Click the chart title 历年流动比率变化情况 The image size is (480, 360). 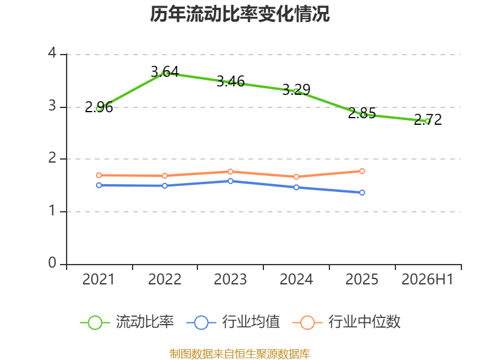239,14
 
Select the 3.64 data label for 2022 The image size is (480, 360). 164,72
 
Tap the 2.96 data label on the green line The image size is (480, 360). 99,107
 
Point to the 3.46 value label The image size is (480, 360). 230,82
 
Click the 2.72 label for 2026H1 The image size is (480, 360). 428,119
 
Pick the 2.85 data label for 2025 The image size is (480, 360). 362,113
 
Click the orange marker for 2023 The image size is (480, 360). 230,172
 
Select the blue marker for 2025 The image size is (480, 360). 362,193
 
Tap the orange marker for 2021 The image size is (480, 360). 99,175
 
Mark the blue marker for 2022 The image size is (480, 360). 164,186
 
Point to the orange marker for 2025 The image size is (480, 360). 362,171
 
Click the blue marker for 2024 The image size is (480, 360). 296,187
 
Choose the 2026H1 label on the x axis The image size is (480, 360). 427,279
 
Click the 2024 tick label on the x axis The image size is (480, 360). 296,279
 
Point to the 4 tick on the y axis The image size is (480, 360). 52,53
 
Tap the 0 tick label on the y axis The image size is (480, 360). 52,263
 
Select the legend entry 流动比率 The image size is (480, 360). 127,322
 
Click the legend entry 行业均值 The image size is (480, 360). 233,322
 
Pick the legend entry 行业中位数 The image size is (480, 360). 346,322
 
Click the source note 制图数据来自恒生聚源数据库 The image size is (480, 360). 240,354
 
